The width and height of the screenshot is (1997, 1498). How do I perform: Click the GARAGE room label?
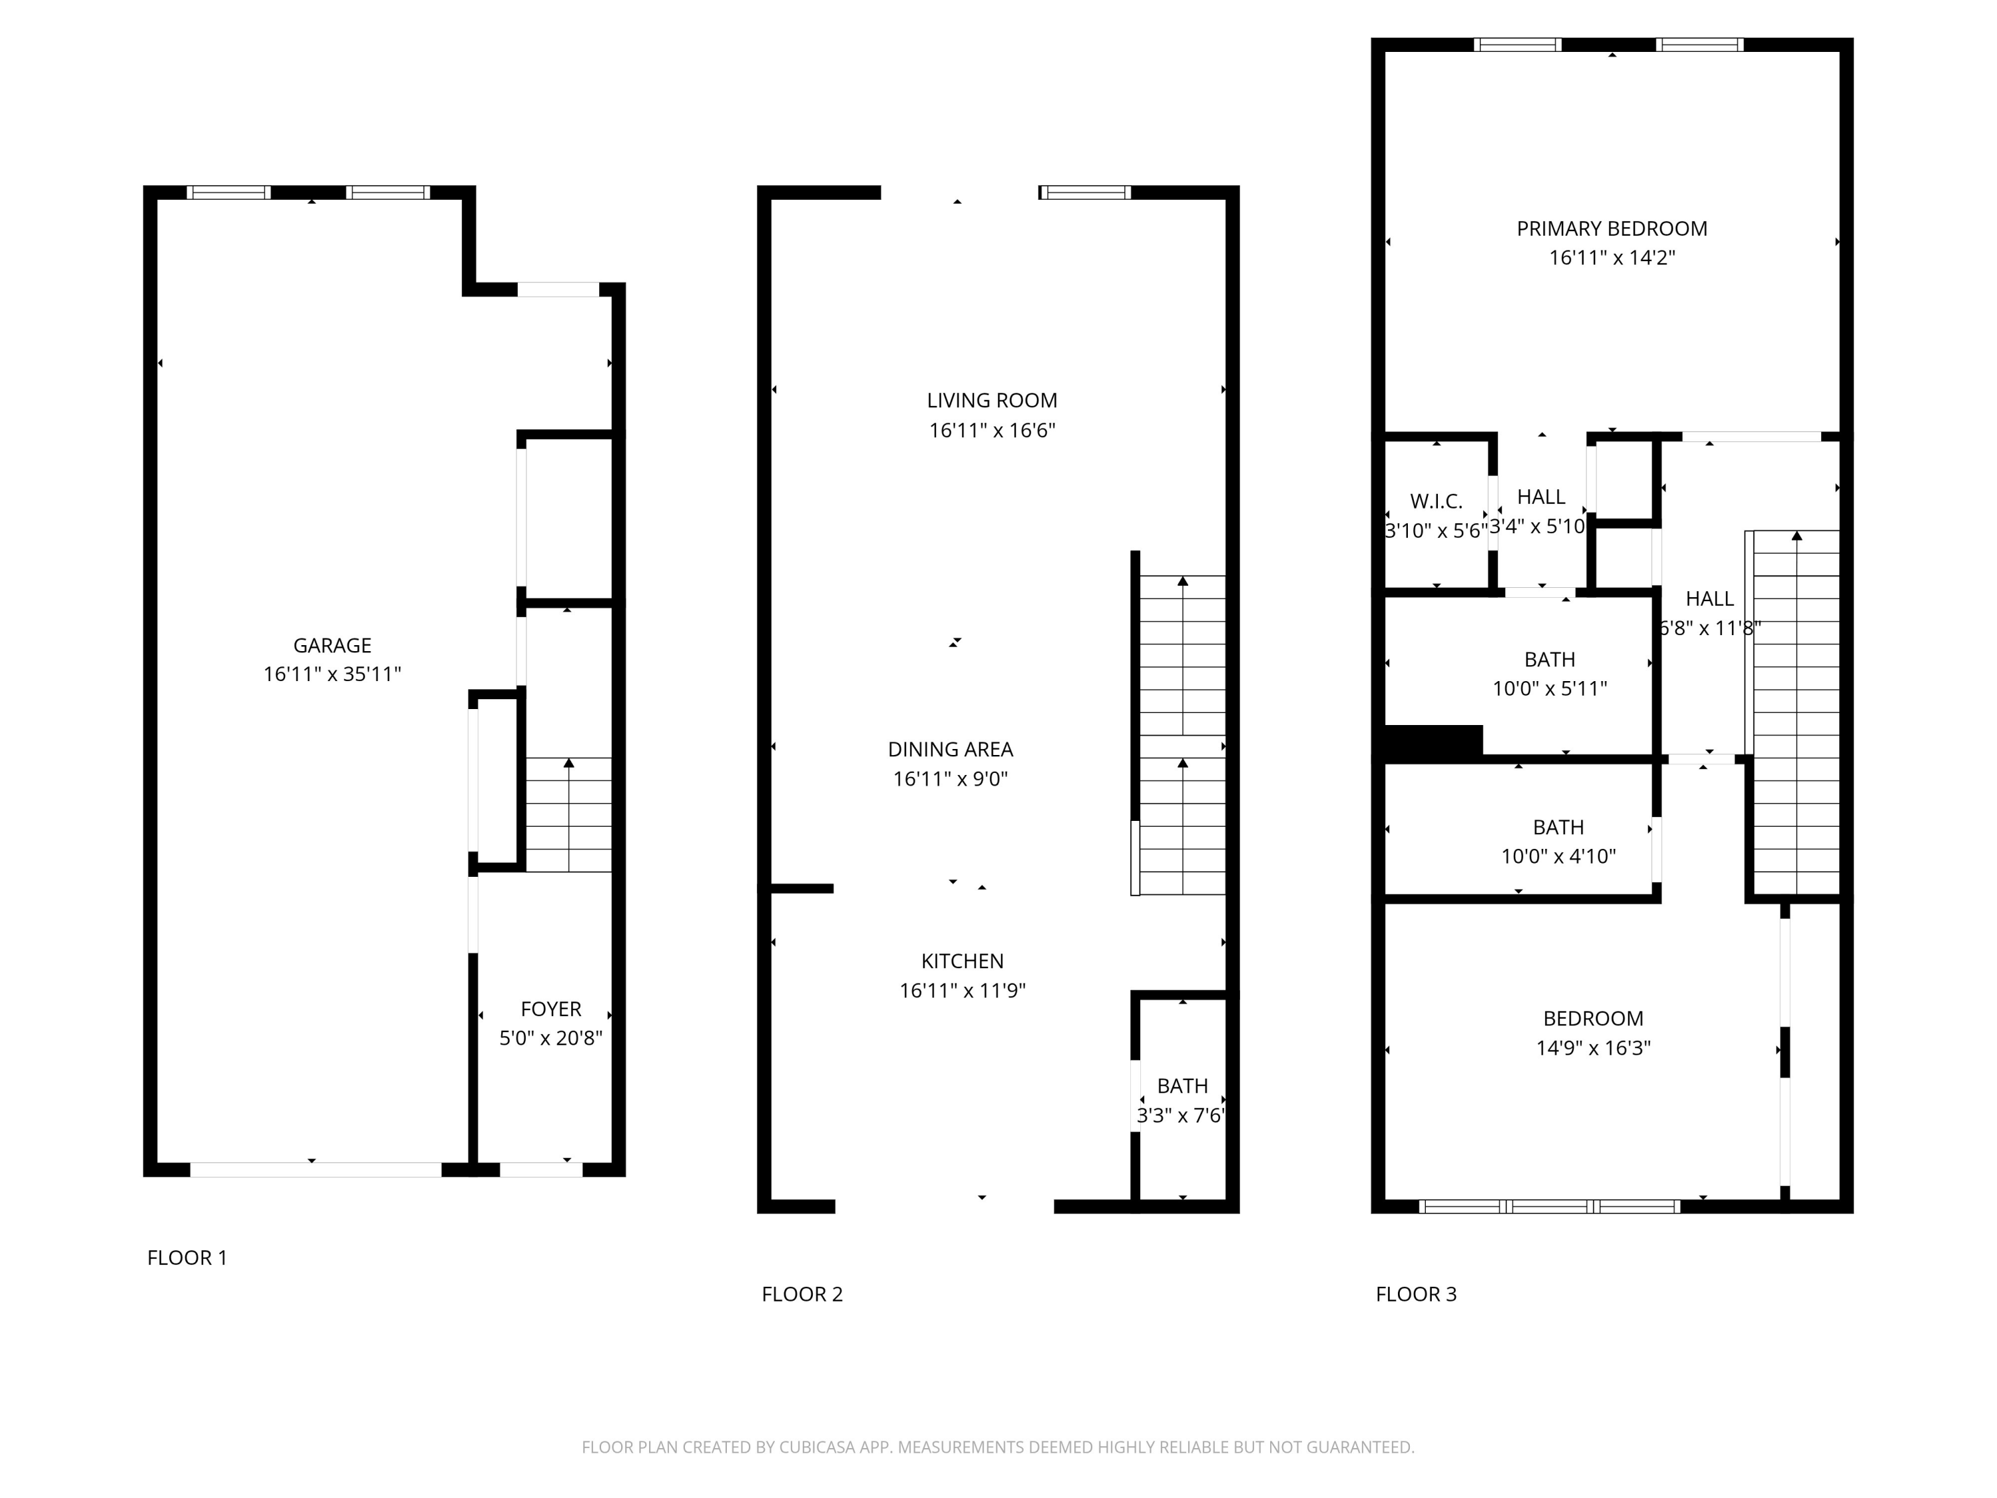(332, 644)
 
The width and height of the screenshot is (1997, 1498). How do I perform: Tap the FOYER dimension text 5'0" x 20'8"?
(551, 1037)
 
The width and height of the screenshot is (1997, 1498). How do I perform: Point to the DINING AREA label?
(950, 748)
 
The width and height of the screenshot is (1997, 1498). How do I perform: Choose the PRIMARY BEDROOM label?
(1612, 228)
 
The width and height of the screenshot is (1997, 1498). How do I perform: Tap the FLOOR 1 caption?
(187, 1257)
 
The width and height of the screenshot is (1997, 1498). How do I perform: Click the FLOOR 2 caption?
(801, 1294)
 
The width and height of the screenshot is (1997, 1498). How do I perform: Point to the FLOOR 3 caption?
(1416, 1294)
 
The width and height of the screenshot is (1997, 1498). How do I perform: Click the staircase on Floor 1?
(568, 814)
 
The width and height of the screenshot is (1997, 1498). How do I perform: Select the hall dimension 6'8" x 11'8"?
(1710, 628)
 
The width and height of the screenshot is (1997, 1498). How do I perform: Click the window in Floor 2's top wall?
(1084, 192)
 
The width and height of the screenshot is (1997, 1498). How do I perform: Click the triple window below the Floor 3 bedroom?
(1549, 1206)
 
